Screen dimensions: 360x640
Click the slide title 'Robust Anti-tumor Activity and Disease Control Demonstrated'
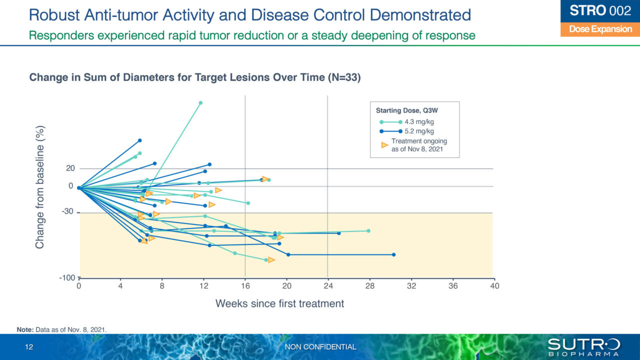click(250, 14)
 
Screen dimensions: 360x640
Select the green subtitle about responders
click(252, 35)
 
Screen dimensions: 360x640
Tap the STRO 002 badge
click(600, 11)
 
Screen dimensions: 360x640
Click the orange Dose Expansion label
click(600, 29)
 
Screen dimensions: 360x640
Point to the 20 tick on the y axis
click(70, 168)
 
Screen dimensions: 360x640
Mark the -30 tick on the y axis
click(68, 211)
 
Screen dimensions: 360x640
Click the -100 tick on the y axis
click(68, 277)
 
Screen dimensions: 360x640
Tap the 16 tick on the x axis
click(245, 286)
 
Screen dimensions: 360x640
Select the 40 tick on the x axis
click(494, 286)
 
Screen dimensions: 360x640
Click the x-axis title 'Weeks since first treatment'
click(279, 303)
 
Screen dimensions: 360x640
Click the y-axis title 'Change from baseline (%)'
click(40, 186)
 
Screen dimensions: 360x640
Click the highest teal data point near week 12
click(200, 103)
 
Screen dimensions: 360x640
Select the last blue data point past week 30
click(393, 254)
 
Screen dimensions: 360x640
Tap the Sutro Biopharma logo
click(583, 346)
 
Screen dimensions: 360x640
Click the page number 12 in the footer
click(29, 347)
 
